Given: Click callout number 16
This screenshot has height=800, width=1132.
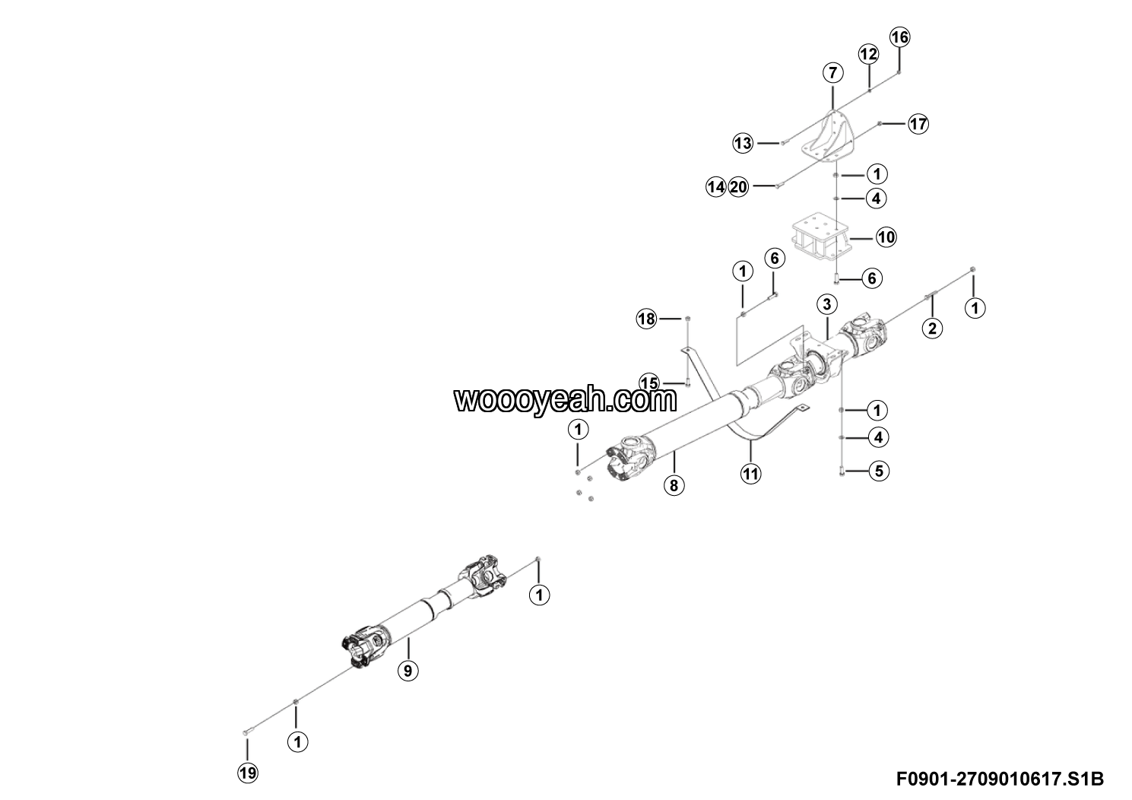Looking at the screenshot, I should point(899,37).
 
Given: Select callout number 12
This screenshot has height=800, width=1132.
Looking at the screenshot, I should point(868,54).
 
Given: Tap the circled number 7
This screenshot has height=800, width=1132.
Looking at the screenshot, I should point(832,73).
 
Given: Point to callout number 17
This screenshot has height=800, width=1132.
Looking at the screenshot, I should point(918,123).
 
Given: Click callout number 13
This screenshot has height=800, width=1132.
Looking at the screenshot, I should point(743,142).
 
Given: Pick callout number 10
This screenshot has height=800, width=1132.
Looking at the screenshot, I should point(886,237).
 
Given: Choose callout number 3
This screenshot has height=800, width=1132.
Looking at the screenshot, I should point(826,304).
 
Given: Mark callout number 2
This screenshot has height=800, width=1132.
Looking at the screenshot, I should point(932,329).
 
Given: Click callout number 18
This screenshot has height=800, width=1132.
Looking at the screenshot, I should point(646,319).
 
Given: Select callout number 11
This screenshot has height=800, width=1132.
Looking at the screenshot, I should point(750,474).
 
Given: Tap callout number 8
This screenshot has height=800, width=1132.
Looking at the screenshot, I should point(674,484).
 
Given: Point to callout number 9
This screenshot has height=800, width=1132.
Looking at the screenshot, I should point(408,670).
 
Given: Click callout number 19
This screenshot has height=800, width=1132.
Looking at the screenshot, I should point(248,773).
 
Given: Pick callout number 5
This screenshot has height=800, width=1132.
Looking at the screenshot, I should point(878,471).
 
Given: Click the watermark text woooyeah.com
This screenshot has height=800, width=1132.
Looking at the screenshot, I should point(566,398).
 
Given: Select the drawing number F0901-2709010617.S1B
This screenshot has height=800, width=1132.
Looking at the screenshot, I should point(1000,779).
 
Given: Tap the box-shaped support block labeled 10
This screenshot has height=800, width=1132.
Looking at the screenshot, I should point(820,237).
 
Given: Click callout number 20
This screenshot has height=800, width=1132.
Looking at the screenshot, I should point(738,186).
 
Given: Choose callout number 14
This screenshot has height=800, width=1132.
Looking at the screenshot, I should point(715,186).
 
